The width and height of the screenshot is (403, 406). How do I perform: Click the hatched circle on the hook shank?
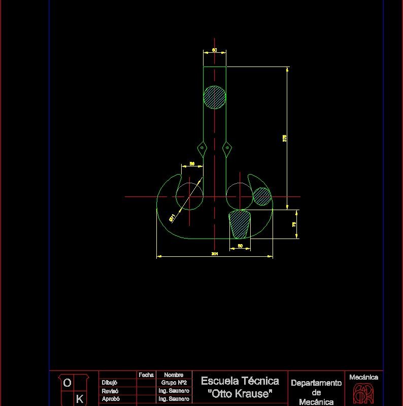214,96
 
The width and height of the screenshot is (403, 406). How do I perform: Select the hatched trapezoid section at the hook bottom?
240,224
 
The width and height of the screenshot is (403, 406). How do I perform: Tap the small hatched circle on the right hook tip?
262,196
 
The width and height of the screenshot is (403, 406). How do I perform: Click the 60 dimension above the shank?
215,50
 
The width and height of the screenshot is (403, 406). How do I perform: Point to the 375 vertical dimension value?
285,138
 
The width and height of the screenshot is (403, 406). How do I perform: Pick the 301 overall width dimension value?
215,253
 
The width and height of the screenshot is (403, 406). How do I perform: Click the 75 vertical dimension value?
294,224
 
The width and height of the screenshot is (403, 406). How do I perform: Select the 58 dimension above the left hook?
192,163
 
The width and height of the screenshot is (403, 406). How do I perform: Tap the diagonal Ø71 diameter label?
173,218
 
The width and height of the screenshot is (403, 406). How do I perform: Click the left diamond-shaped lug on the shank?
203,148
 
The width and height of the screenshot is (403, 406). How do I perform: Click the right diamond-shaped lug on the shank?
226,148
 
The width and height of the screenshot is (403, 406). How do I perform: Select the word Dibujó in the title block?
110,383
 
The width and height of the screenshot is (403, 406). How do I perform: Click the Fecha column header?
146,375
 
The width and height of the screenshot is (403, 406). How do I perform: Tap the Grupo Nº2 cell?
174,383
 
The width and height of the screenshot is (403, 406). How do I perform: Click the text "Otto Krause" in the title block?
240,394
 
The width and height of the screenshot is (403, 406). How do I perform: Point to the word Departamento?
316,383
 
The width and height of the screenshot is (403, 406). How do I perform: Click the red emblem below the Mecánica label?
363,394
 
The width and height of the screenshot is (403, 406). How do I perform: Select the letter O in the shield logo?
67,384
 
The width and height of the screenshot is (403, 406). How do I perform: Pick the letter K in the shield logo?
79,399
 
